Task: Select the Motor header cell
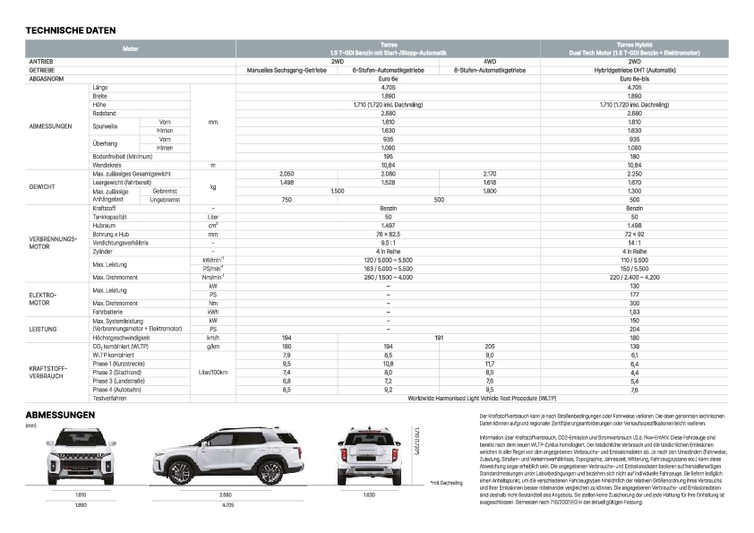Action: (x=131, y=47)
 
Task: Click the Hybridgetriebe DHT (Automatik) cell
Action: (x=634, y=69)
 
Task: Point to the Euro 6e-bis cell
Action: (x=634, y=78)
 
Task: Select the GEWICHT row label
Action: (x=43, y=186)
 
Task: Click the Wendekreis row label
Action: (x=107, y=165)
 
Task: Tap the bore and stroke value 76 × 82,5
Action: (x=388, y=233)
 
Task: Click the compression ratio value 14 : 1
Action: (x=634, y=242)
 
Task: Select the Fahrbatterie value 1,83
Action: (x=634, y=311)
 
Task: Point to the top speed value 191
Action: (x=439, y=337)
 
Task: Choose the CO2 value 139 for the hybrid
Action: (x=634, y=346)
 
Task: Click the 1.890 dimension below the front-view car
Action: (x=80, y=505)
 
